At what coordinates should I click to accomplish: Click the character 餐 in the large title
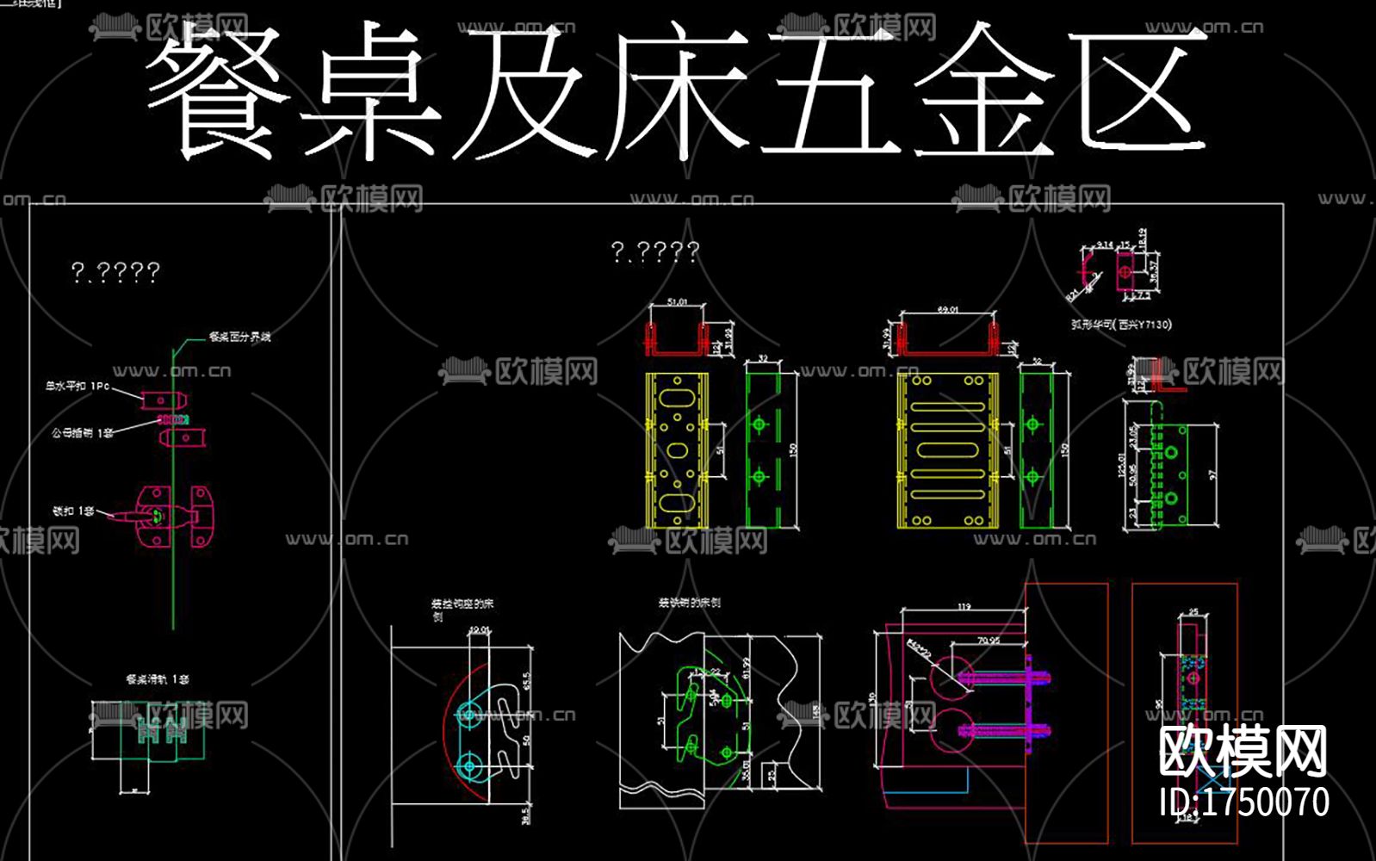(215, 93)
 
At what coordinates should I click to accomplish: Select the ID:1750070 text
(1244, 802)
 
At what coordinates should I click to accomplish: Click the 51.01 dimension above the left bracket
(678, 302)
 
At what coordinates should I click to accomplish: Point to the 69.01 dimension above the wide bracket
(947, 309)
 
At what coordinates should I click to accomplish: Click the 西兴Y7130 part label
(1120, 325)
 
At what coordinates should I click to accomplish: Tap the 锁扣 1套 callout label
(73, 511)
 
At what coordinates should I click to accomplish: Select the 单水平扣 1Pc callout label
(77, 387)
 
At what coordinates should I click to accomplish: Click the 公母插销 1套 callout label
(82, 432)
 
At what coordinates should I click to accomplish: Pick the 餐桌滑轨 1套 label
(157, 679)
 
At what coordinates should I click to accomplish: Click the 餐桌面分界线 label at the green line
(239, 337)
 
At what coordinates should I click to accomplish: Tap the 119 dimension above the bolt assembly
(964, 607)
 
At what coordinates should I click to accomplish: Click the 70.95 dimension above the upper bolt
(989, 641)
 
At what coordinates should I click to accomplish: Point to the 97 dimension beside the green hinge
(1212, 474)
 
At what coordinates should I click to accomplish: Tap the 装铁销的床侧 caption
(689, 603)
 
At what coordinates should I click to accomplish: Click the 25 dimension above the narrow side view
(1193, 612)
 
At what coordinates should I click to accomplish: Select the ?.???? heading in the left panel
(115, 273)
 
